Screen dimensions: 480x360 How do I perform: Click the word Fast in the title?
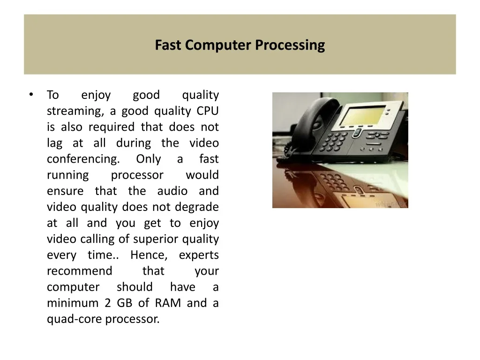[x=168, y=45]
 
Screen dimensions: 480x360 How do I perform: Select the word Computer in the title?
[x=218, y=45]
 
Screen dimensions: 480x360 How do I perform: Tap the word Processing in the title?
[x=290, y=45]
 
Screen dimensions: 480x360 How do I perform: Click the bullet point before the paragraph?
[x=31, y=95]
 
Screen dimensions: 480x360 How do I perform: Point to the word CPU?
[x=207, y=111]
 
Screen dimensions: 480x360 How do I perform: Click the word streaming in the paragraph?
[x=75, y=111]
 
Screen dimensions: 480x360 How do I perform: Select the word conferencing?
[x=83, y=159]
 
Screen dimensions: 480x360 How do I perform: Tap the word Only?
[x=149, y=159]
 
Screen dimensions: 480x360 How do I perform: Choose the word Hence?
[x=149, y=255]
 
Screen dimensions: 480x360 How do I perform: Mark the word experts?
[x=199, y=255]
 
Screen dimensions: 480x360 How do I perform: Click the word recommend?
[x=80, y=271]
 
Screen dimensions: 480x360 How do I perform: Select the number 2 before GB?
[x=107, y=303]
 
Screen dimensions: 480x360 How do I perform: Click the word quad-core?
[x=75, y=319]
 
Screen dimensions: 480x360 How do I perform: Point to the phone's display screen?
[x=363, y=115]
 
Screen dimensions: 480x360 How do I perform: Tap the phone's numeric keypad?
[x=334, y=141]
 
